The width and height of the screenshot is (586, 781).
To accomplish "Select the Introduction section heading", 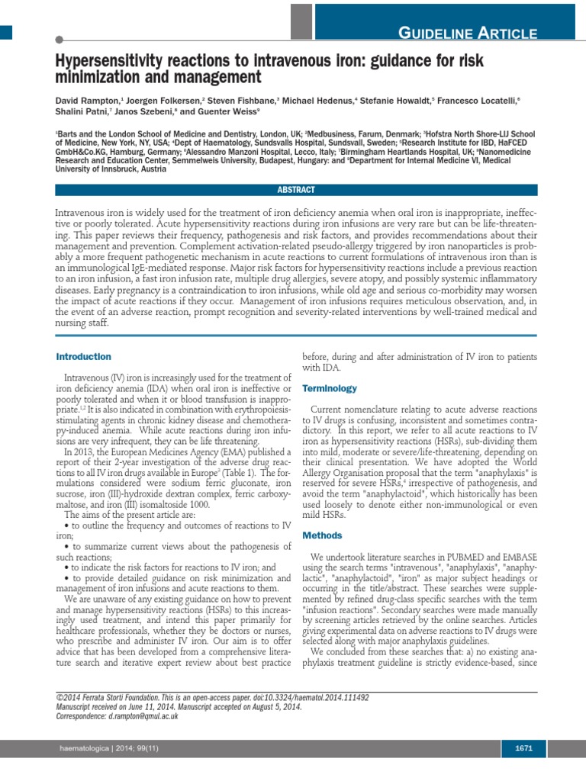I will pos(84,357).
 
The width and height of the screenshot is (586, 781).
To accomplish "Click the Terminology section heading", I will pos(329,388).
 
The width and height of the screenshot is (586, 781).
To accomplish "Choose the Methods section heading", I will pos(322,536).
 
